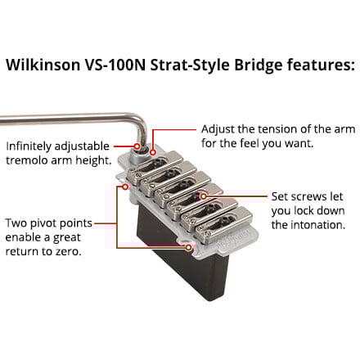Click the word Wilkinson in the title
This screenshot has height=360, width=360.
[43, 65]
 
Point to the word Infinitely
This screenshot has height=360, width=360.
[29, 146]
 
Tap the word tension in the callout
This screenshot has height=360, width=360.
[279, 128]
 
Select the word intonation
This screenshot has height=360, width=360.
[318, 225]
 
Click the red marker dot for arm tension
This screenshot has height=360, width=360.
[153, 152]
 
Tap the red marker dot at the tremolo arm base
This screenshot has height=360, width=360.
[137, 146]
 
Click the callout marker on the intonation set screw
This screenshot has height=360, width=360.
[204, 196]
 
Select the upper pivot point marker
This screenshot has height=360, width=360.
[125, 187]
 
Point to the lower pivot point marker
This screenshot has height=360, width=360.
[188, 248]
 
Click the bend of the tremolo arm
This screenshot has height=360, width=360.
[142, 121]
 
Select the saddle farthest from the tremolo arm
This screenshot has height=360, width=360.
[224, 222]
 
